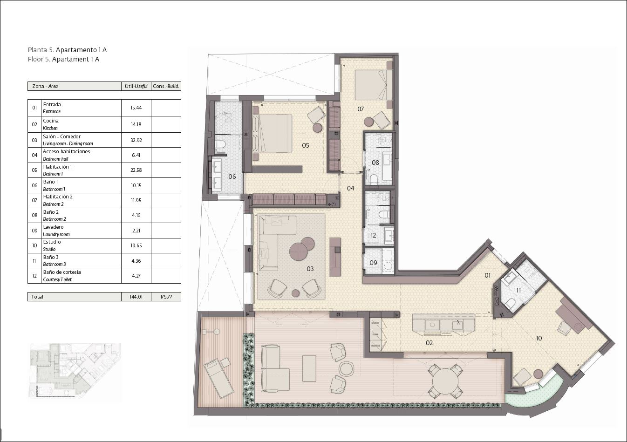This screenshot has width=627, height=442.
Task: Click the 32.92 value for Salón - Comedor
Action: (136, 140)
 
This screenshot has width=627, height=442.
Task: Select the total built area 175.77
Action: (166, 297)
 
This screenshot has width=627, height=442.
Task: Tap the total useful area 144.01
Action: (136, 297)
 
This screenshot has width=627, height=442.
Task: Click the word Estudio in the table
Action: (52, 242)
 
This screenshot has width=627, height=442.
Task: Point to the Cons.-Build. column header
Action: (166, 86)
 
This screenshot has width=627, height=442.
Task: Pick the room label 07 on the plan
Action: (361, 109)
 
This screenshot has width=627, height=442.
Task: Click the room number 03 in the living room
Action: (310, 269)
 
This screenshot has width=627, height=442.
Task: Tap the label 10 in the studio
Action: (538, 338)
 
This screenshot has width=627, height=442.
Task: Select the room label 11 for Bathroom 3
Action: (518, 290)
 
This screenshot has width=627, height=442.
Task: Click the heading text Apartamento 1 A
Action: (81, 50)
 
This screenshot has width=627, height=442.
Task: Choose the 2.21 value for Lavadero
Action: (136, 231)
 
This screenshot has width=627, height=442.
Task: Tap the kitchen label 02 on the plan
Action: (429, 343)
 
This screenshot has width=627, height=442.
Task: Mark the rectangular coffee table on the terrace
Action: (309, 368)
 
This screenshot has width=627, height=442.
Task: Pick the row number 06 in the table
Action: (34, 185)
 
